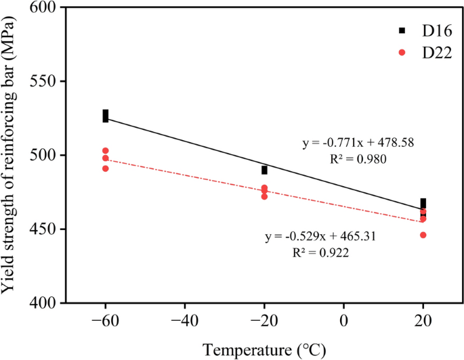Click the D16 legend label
(x=429, y=30)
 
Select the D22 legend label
(x=429, y=53)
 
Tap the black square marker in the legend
(x=402, y=30)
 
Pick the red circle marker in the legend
(x=402, y=53)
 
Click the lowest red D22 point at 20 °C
(x=423, y=235)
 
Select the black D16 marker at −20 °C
(x=264, y=170)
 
